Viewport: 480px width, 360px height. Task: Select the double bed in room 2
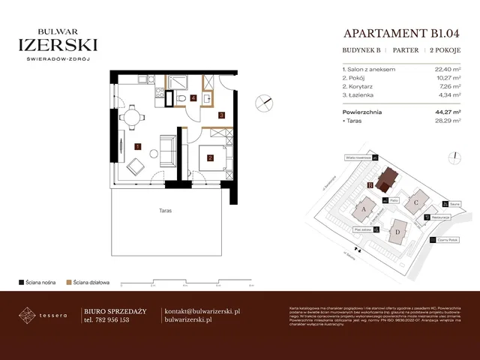pos(212,157)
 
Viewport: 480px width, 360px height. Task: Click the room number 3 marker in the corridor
pos(222,115)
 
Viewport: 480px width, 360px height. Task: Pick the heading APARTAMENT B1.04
pos(389,33)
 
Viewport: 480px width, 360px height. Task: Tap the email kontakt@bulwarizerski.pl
pos(202,310)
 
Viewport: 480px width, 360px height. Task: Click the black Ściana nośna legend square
pos(22,283)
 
